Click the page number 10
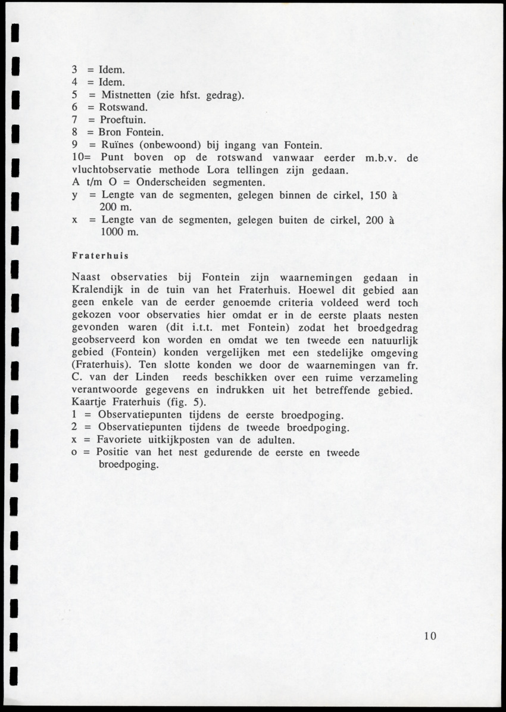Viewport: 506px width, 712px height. [430, 636]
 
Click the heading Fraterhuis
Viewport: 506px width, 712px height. [100, 256]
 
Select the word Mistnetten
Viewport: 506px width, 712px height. [127, 95]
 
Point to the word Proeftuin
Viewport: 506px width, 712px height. [122, 120]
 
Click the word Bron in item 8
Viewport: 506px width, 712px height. [109, 132]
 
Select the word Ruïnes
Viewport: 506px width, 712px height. [118, 145]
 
